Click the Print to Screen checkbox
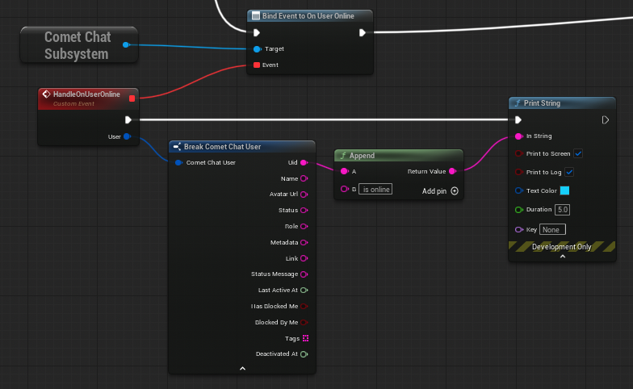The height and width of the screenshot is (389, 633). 578,153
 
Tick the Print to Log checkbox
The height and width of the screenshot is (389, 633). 569,172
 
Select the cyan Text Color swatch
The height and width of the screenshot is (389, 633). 565,190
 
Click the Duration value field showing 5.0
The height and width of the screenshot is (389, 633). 562,210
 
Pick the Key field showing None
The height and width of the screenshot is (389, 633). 552,229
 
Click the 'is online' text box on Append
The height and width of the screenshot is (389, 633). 375,189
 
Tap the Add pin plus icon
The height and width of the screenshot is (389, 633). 455,190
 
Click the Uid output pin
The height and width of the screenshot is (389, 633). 304,163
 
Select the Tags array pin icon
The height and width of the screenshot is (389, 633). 305,338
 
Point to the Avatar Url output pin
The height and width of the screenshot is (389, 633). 304,194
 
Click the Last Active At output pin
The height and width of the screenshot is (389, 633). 304,291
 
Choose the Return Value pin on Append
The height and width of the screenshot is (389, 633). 452,171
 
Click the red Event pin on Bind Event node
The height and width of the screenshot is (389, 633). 257,65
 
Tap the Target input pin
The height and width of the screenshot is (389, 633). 257,49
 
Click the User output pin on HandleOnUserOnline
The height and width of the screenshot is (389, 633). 128,136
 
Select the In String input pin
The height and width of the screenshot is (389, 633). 519,136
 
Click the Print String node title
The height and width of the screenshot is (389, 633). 542,103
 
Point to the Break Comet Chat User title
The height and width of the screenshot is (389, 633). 223,147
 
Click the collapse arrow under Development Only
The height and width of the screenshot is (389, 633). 562,257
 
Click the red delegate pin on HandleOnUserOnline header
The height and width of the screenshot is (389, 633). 132,98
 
